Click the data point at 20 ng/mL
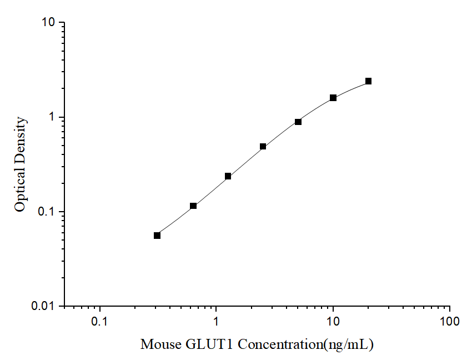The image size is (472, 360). click(x=368, y=81)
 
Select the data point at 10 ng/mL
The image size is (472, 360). click(x=333, y=98)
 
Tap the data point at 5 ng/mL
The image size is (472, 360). click(x=298, y=122)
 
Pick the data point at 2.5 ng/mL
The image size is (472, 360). click(x=263, y=147)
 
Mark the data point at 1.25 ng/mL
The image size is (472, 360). click(x=228, y=176)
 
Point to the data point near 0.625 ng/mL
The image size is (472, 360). click(x=193, y=206)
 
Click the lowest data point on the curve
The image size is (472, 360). click(x=157, y=236)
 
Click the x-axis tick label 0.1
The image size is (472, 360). click(x=100, y=322)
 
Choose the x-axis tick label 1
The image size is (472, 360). click(x=216, y=322)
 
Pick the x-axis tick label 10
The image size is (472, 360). click(x=333, y=322)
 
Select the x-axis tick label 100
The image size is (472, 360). click(x=449, y=322)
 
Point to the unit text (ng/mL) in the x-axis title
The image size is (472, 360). click(x=349, y=344)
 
